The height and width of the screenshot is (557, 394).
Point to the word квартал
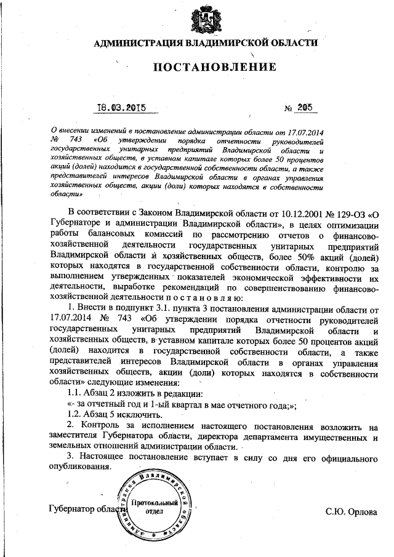(193, 404)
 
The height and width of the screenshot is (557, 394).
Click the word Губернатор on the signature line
(71, 509)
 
